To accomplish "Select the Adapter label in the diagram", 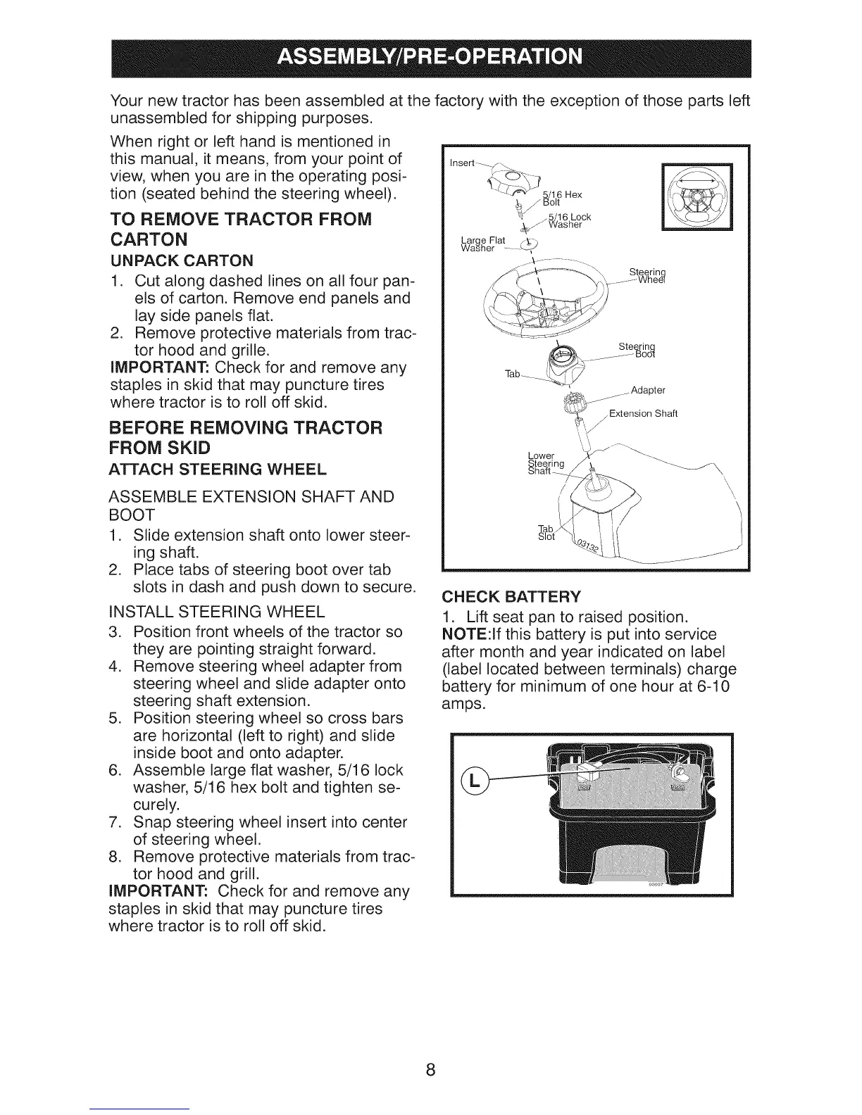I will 648,390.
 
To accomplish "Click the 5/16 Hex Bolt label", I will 563,198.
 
